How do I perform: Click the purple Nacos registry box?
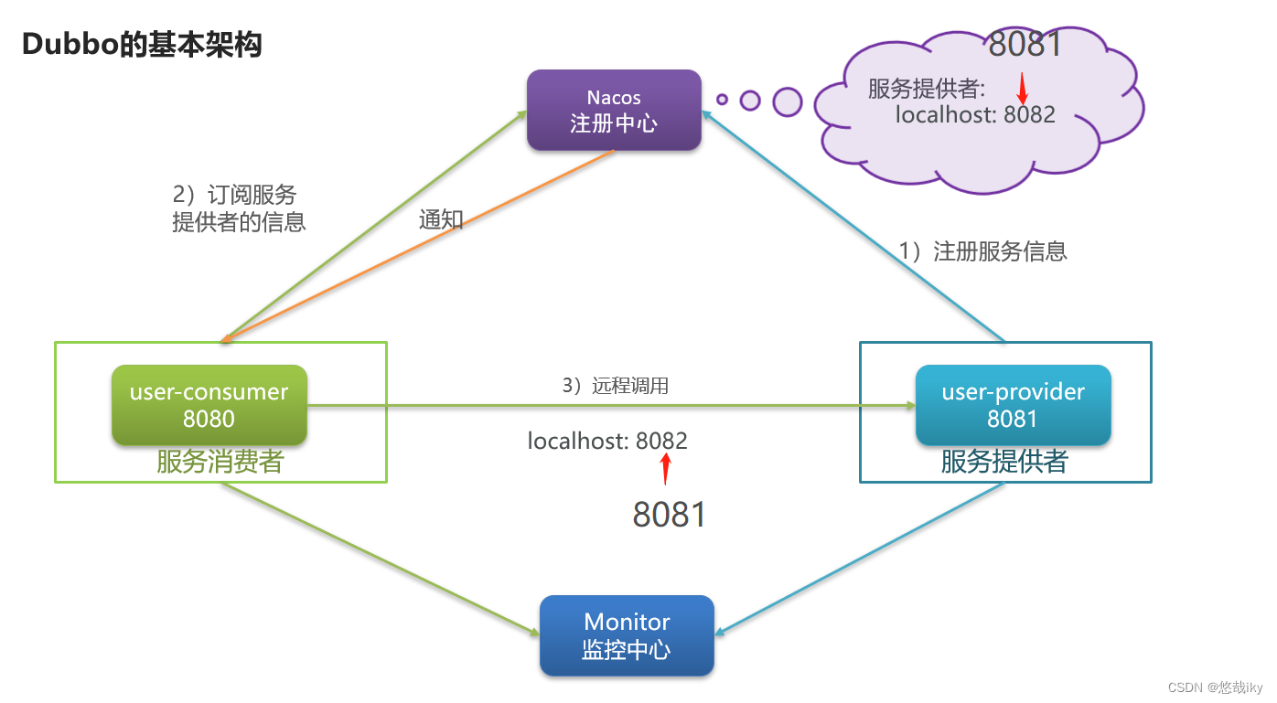(x=614, y=111)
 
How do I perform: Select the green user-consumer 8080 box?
(x=209, y=405)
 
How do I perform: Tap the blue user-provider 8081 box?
(x=1013, y=405)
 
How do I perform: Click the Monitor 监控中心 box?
(x=627, y=635)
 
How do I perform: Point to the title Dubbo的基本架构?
(x=142, y=44)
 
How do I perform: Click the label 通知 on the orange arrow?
(x=441, y=219)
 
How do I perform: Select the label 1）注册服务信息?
(x=982, y=251)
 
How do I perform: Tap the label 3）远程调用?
(x=615, y=386)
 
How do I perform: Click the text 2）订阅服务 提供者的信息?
(x=238, y=208)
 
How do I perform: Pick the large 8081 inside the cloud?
(x=1025, y=43)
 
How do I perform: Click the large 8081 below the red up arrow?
(x=670, y=515)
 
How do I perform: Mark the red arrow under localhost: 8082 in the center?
(x=666, y=468)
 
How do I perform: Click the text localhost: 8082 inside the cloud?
(x=974, y=114)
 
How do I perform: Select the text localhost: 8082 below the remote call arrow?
(x=607, y=442)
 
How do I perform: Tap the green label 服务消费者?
(x=220, y=462)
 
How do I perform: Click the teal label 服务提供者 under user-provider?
(x=1003, y=462)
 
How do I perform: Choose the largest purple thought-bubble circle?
(x=787, y=101)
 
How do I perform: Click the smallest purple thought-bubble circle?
(x=722, y=99)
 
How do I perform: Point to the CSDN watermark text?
(x=1215, y=687)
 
